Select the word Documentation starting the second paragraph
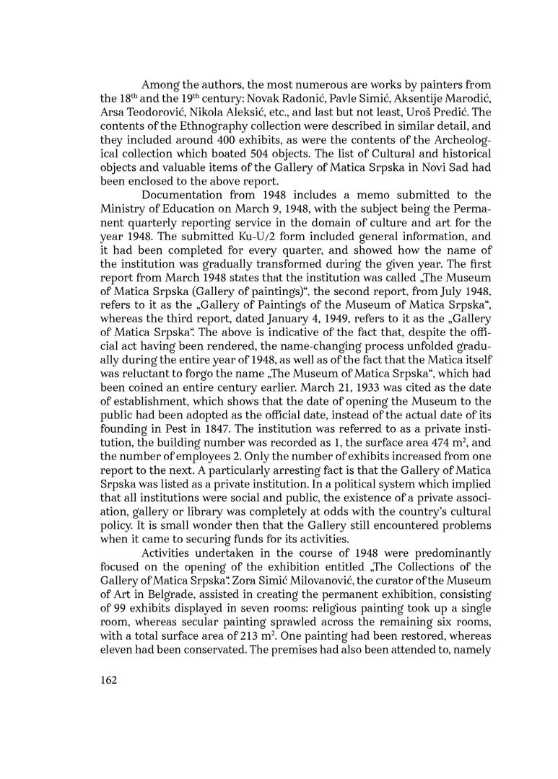[x=182, y=195]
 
